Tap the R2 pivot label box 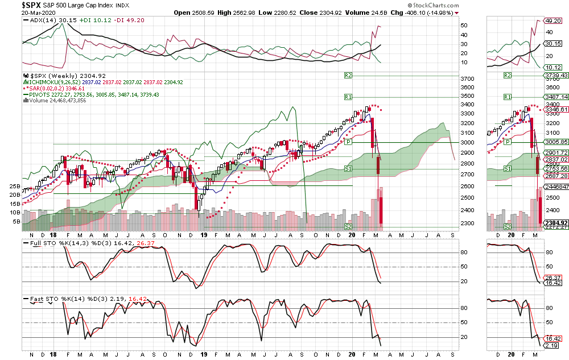349,75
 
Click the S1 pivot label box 349,169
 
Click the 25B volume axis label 15,186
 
